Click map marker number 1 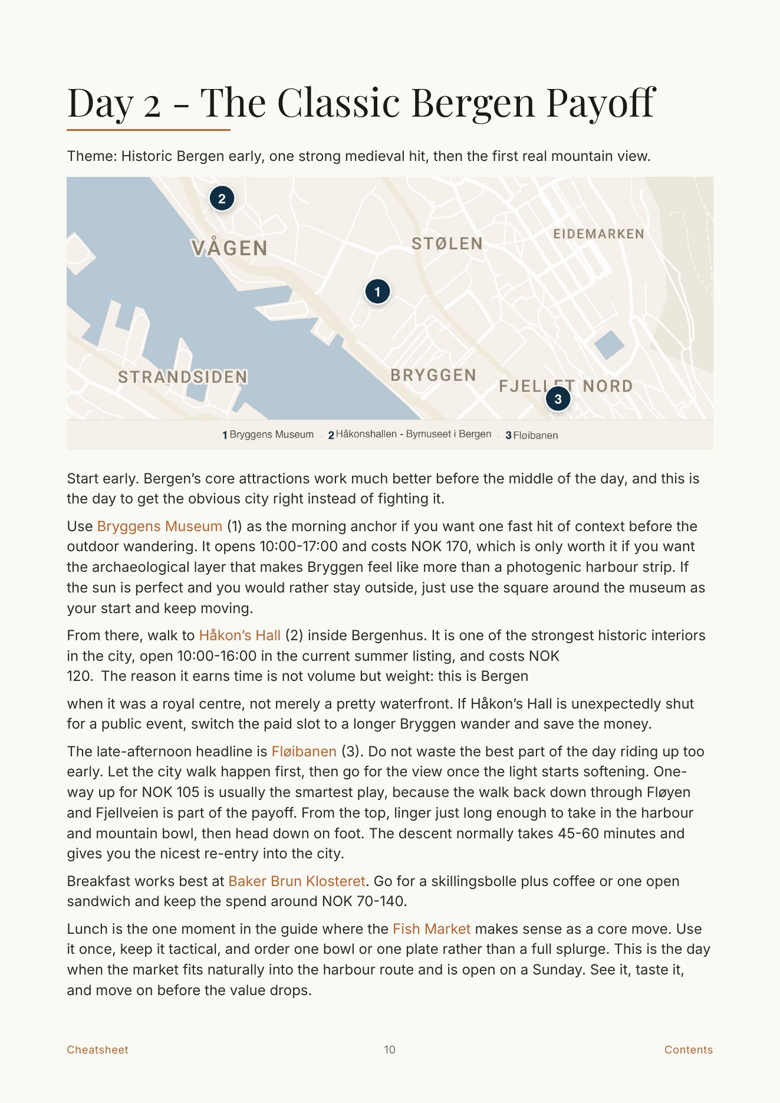tap(377, 291)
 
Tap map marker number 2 tap(222, 198)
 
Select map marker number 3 tap(558, 399)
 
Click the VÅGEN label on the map tap(229, 248)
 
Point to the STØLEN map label tap(447, 243)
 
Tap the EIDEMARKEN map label tap(598, 234)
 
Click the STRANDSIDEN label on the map tap(183, 377)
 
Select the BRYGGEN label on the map tap(433, 375)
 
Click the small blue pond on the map tap(608, 345)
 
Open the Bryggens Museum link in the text tap(159, 526)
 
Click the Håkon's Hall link tap(239, 635)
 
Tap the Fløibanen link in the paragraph tap(304, 751)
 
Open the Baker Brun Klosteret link tap(297, 881)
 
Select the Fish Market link tap(432, 929)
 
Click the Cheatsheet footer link tap(97, 1049)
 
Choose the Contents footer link tap(688, 1049)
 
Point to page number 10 tap(390, 1049)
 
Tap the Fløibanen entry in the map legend tap(535, 435)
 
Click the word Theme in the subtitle tap(91, 156)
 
